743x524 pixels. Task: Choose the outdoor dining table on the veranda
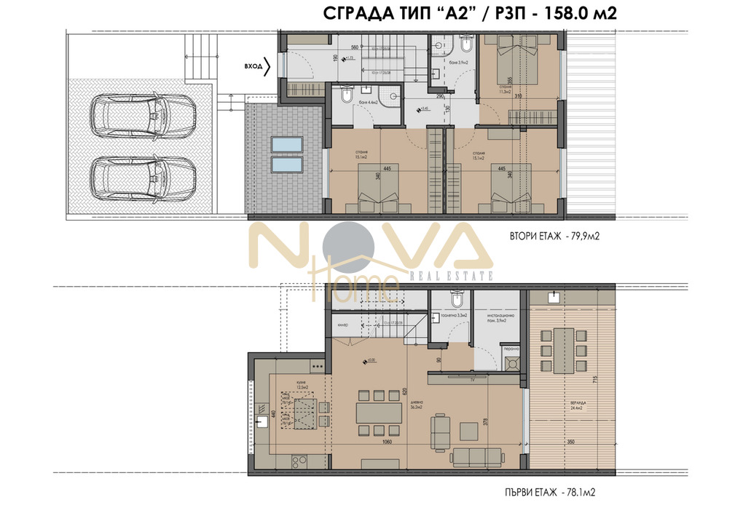tap(564, 349)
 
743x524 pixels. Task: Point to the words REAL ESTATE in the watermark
tap(452, 276)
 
